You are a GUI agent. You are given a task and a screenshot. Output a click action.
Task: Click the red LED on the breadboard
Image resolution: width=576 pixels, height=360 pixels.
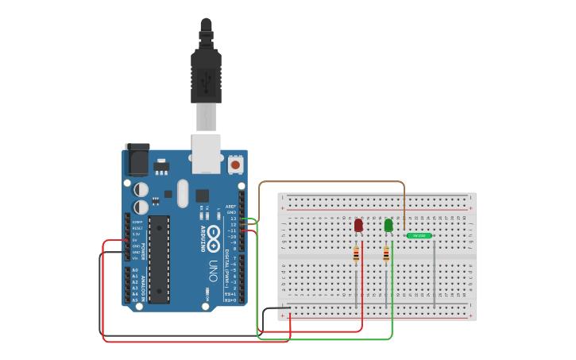point(358,226)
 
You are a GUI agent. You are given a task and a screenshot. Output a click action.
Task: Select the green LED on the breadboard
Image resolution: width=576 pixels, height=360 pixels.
point(389,226)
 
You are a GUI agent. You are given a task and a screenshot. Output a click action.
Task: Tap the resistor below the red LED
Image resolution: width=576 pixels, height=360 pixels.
point(356,254)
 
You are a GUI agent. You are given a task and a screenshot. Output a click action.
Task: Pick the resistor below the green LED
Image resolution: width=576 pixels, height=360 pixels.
point(386,254)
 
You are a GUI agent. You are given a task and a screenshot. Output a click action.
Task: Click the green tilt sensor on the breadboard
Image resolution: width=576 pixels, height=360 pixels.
point(419,235)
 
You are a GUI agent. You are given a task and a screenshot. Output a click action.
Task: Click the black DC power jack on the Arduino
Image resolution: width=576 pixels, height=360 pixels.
point(137,160)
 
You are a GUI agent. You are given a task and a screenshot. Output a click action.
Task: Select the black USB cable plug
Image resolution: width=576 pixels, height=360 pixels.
point(206,75)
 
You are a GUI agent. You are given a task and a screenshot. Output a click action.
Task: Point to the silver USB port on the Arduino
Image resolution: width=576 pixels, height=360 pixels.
point(206,153)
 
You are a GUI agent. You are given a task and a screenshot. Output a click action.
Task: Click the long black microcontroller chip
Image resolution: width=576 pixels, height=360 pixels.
point(159,259)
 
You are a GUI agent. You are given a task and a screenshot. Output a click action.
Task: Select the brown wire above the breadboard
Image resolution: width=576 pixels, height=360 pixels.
point(334,182)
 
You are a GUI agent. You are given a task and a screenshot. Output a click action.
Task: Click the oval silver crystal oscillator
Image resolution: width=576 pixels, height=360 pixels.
point(183,193)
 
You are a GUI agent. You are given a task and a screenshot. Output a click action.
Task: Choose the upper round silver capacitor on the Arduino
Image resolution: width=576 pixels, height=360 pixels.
point(141,189)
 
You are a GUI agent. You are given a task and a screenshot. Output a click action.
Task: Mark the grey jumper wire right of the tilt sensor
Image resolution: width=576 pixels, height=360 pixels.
point(435,270)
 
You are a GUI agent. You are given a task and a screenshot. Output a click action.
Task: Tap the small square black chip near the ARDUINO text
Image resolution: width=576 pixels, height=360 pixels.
point(202,195)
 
